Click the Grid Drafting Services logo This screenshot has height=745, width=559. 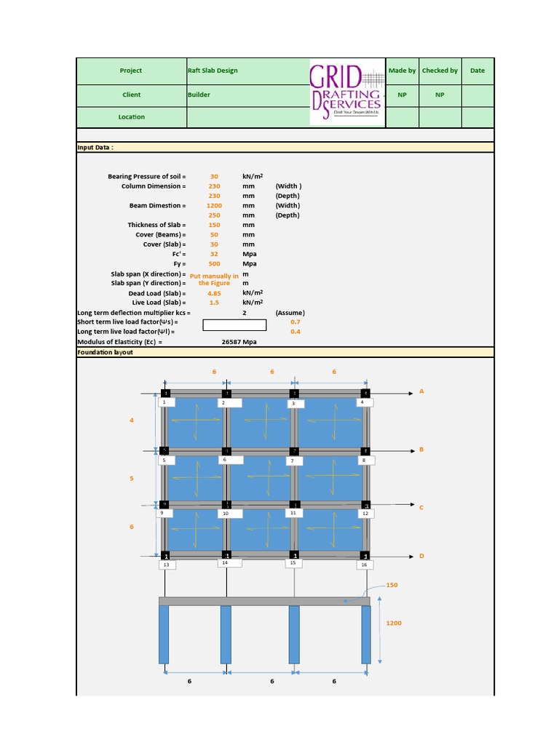[x=347, y=91]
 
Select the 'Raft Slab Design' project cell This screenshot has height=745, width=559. [x=213, y=71]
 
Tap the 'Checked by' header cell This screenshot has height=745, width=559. [x=440, y=71]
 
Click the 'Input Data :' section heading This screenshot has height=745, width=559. [x=96, y=147]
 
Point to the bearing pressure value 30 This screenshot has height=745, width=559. [x=214, y=176]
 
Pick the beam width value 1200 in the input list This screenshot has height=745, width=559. [x=214, y=205]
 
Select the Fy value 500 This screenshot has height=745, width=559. [x=214, y=263]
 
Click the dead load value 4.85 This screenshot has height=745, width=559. [x=214, y=292]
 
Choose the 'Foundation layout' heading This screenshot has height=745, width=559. [x=106, y=352]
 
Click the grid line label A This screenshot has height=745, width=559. [x=421, y=391]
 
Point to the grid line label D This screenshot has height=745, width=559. [x=421, y=556]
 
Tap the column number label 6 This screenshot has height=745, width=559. [x=224, y=460]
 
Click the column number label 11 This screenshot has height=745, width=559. [x=293, y=512]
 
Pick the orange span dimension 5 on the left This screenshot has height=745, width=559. [x=132, y=478]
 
